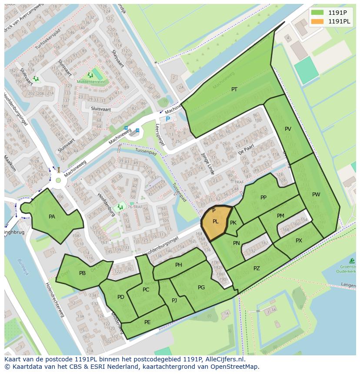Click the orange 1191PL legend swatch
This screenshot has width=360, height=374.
pyautogui.click(x=317, y=21)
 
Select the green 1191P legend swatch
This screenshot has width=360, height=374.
pyautogui.click(x=317, y=13)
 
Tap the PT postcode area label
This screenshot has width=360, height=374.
pyautogui.click(x=234, y=89)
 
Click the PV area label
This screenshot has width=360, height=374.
pyautogui.click(x=288, y=129)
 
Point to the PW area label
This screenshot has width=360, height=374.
pyautogui.click(x=316, y=195)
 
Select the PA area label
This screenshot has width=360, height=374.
pyautogui.click(x=52, y=217)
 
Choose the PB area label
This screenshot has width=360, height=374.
pyautogui.click(x=82, y=273)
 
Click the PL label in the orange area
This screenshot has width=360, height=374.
pyautogui.click(x=215, y=222)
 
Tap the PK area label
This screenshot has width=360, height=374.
pyautogui.click(x=233, y=223)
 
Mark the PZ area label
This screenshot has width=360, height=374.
pyautogui.click(x=257, y=268)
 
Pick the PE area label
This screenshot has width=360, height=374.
pyautogui.click(x=147, y=322)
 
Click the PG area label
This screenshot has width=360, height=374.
pyautogui.click(x=201, y=288)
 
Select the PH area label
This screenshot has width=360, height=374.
pyautogui.click(x=178, y=265)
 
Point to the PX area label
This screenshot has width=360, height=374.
pyautogui.click(x=299, y=241)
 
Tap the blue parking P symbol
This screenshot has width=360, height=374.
pyautogui.click(x=168, y=119)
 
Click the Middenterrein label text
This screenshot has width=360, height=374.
pyautogui.click(x=90, y=82)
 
